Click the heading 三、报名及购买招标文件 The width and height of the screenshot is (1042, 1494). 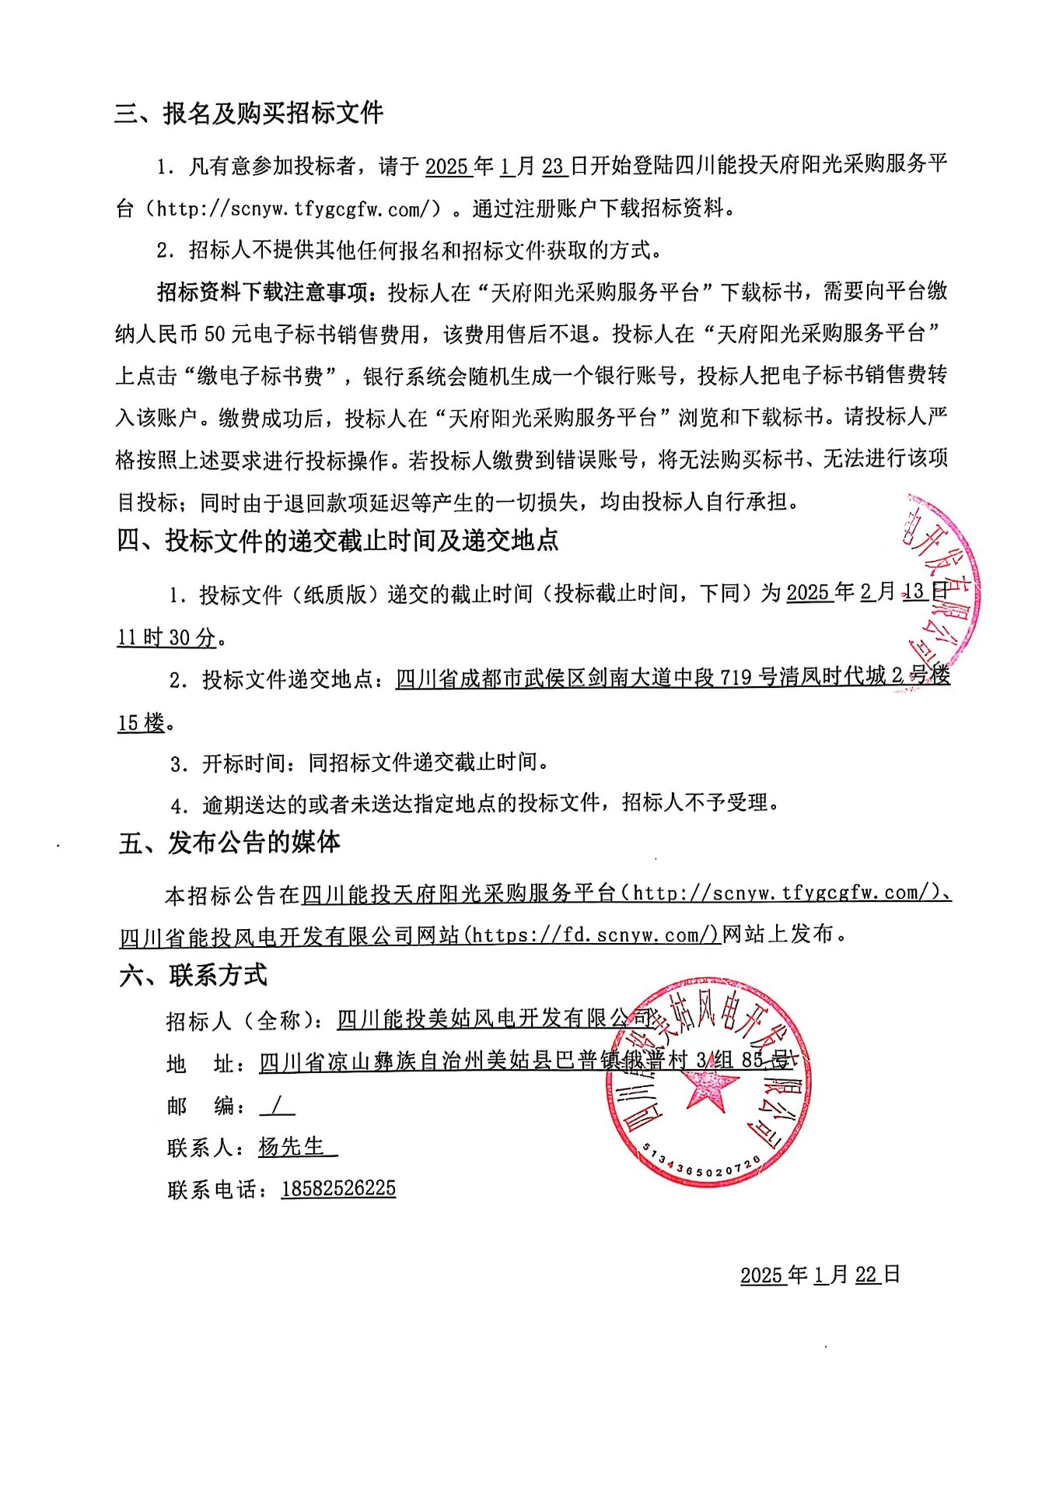coord(249,114)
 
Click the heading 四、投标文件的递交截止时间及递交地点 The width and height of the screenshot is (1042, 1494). coord(338,540)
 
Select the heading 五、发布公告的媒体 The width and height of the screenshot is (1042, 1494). coord(229,842)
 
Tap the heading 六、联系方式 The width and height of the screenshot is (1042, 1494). coord(194,974)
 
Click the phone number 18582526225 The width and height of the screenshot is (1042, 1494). coord(338,1188)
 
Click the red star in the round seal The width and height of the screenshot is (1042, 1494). coord(709,1086)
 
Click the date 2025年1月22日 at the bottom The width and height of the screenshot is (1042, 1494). coord(820,1275)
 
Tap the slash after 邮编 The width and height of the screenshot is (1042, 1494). coord(278,1104)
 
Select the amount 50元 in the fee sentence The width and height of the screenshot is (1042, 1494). coord(226,335)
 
